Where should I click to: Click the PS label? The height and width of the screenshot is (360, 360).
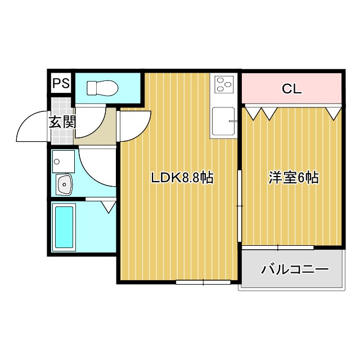(x=61, y=84)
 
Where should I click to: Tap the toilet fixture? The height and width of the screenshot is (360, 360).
(x=102, y=88)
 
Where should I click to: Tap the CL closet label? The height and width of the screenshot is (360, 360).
(x=291, y=89)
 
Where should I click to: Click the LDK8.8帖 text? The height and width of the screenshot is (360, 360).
(x=181, y=178)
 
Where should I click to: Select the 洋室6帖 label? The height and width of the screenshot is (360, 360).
(x=293, y=178)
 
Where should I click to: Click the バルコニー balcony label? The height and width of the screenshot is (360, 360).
(x=294, y=269)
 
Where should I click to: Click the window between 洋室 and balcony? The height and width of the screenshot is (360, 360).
(x=278, y=247)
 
